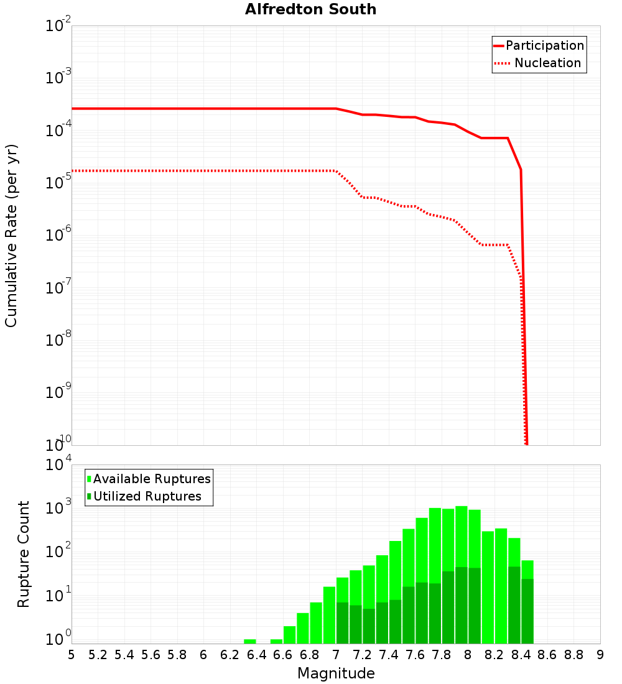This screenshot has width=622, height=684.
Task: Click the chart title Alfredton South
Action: click(310, 9)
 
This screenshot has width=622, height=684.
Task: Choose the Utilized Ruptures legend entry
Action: click(147, 496)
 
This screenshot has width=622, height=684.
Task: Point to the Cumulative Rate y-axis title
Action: click(11, 235)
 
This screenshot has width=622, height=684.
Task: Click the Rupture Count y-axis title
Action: click(24, 553)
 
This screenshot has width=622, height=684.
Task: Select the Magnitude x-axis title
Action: click(336, 673)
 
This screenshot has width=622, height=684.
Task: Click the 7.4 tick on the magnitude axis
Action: click(389, 655)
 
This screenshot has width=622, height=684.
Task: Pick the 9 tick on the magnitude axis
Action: click(600, 655)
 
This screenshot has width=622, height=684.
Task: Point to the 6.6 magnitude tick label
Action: click(283, 655)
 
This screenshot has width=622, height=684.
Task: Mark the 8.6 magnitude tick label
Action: click(547, 655)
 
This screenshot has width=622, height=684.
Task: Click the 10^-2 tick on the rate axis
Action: click(58, 26)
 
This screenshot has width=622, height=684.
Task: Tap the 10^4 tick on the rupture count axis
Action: click(58, 465)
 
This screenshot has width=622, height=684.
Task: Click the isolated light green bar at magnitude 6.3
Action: click(250, 641)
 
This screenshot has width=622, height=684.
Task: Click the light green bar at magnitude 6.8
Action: click(316, 622)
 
